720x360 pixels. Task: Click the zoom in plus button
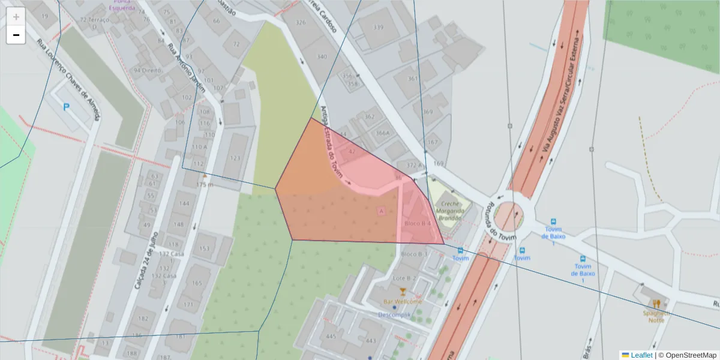coord(16,16)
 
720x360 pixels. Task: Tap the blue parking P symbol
coord(66,107)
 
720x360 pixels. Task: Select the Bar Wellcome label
coord(403,301)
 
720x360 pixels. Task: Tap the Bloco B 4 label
coord(418,223)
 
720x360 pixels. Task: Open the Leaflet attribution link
coord(641,355)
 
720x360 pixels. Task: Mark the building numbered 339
coord(378,28)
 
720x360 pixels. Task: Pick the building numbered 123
coord(235,158)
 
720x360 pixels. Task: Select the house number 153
coord(205,249)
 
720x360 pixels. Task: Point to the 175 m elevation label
coord(205,185)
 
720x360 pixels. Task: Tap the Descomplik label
coord(394,314)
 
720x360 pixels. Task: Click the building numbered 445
coord(331,337)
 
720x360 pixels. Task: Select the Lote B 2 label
coord(404,278)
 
